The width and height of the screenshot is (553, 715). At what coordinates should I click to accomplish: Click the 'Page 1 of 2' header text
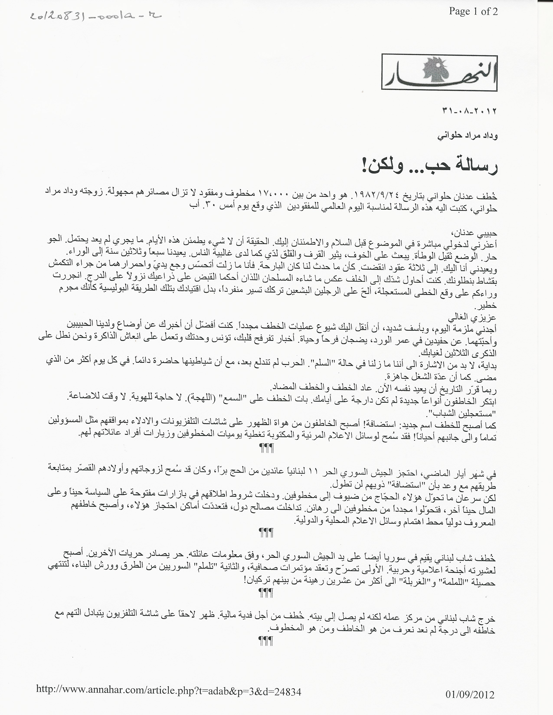(x=473, y=12)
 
